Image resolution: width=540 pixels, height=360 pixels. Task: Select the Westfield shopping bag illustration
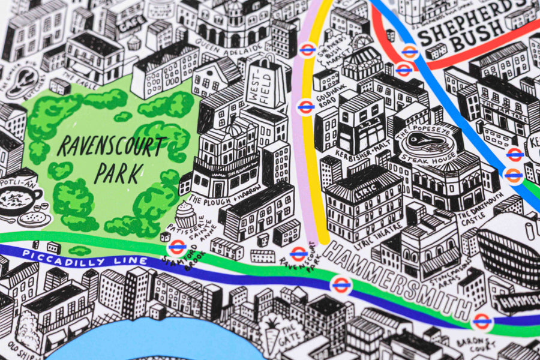(x=264, y=84)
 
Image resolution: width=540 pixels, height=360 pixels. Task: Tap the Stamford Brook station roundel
(x=176, y=247)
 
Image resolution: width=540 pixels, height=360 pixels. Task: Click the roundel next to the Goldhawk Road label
(x=306, y=107)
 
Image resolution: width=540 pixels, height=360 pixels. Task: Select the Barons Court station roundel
(x=481, y=321)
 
